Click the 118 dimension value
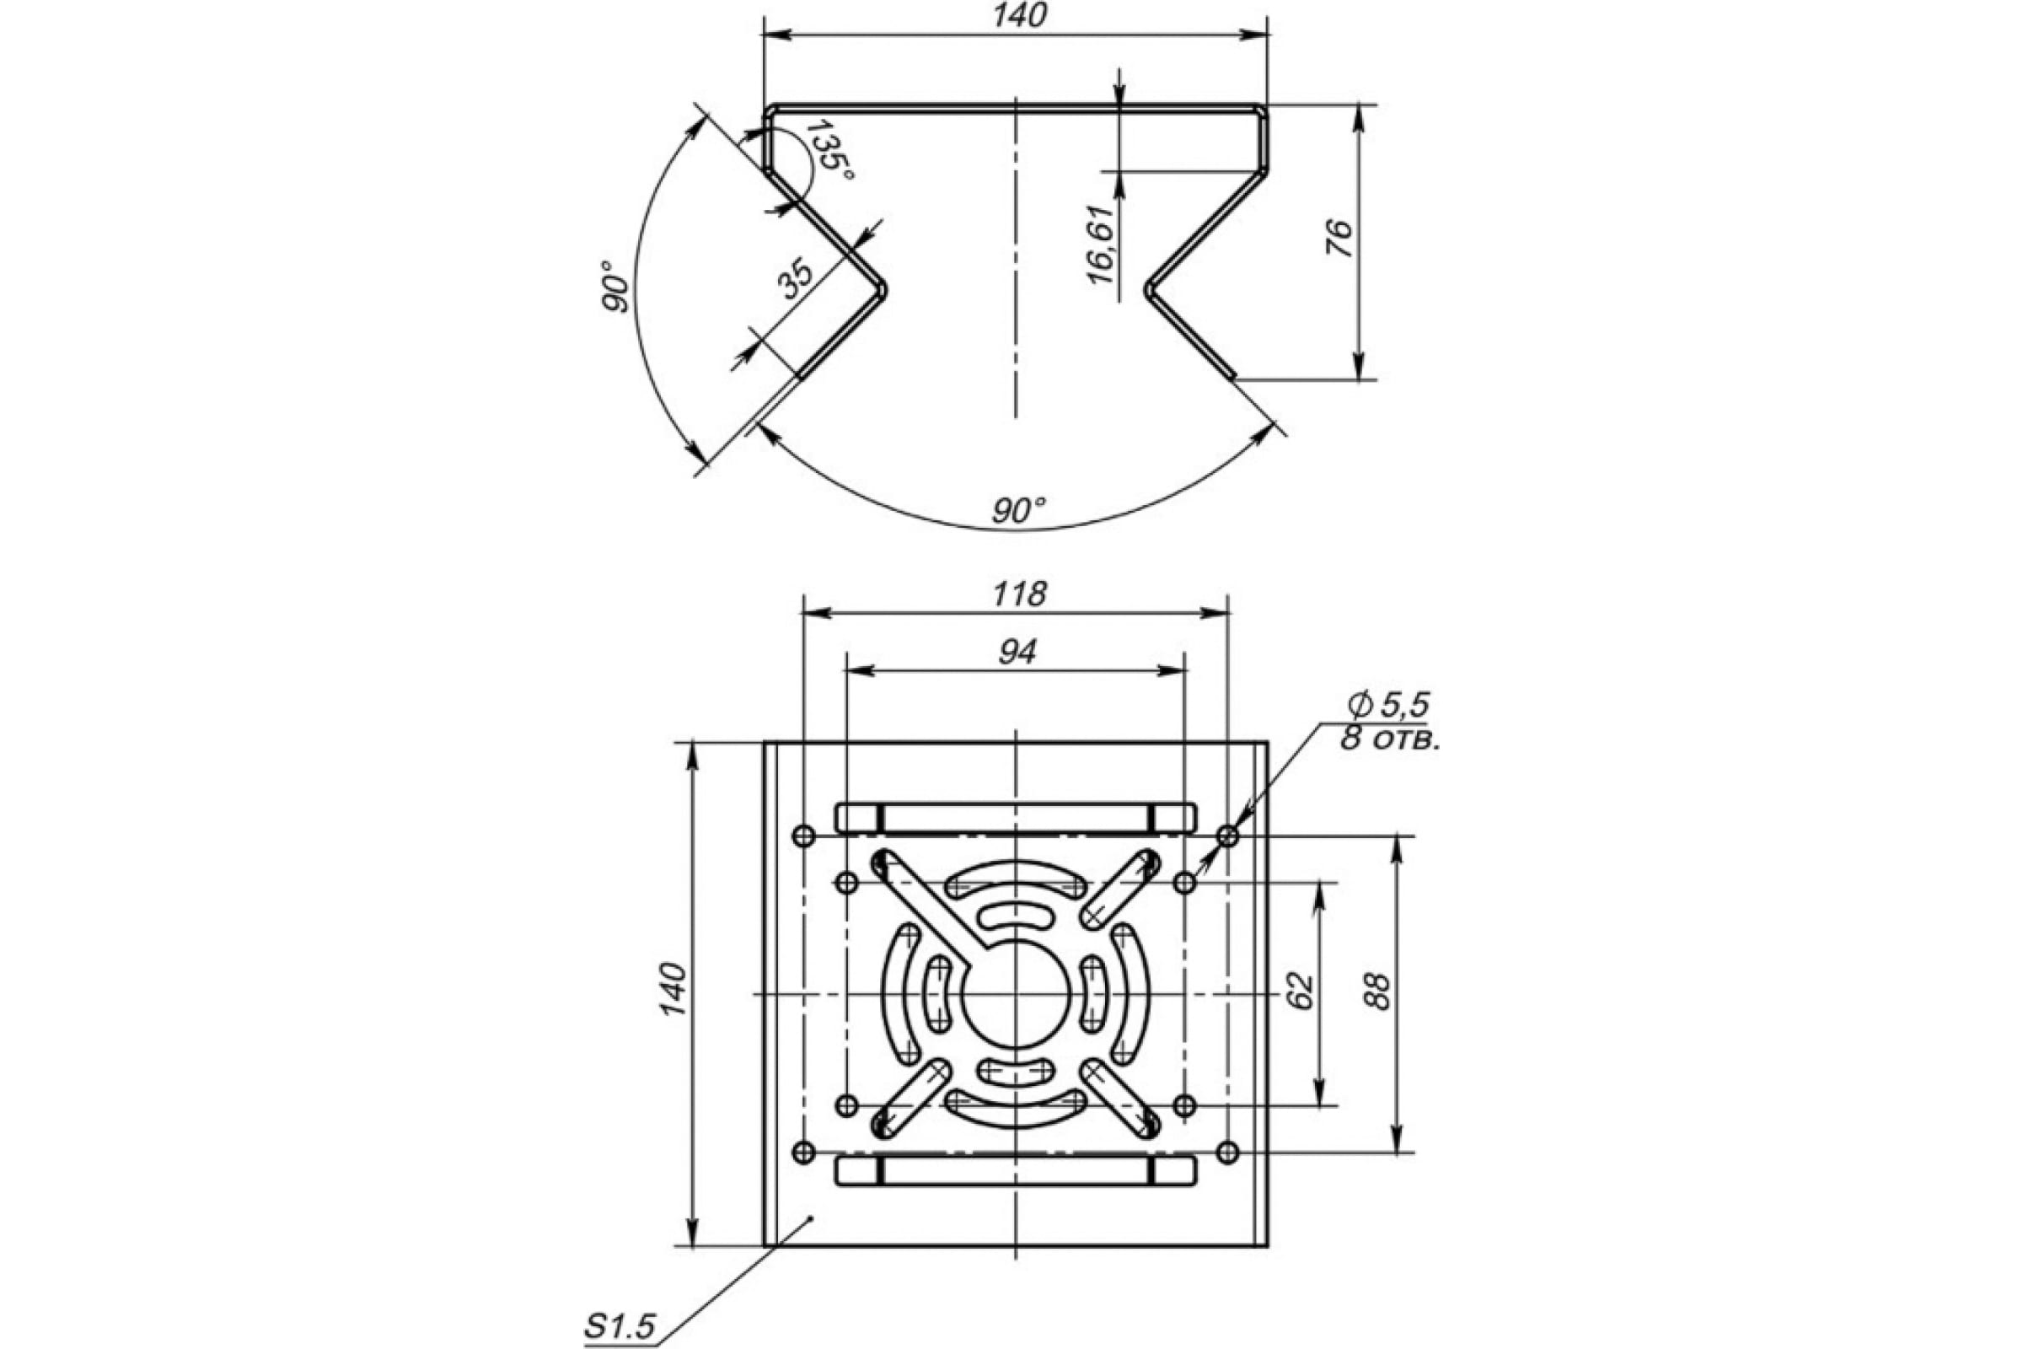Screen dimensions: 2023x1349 (x=1018, y=594)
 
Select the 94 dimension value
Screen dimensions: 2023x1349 (x=1017, y=651)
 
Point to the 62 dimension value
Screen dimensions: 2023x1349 (x=1301, y=992)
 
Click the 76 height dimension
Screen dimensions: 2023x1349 (x=1339, y=238)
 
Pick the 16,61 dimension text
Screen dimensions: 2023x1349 (x=1100, y=245)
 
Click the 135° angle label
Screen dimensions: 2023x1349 (x=830, y=152)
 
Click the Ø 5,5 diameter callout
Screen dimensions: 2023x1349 (x=1387, y=706)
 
